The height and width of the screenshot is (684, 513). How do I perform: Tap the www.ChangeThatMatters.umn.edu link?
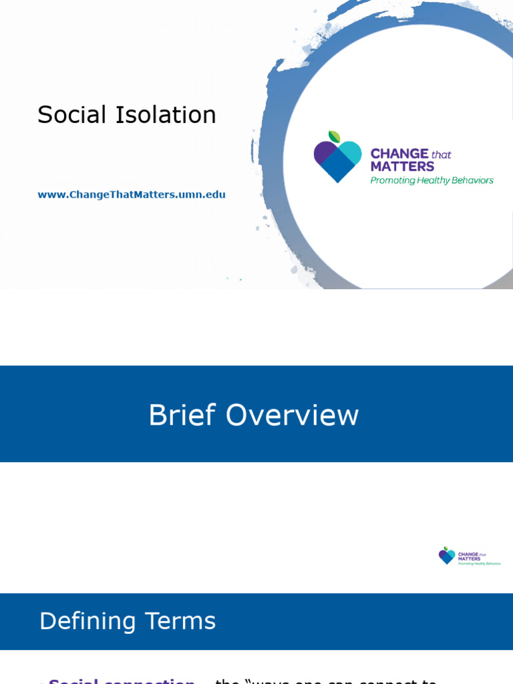tap(132, 195)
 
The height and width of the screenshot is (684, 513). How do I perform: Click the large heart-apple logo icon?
tap(337, 158)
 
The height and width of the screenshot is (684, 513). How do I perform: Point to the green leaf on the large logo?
tap(335, 136)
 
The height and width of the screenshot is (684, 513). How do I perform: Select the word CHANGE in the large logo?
tap(399, 154)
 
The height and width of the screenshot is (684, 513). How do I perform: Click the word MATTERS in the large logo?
tap(402, 167)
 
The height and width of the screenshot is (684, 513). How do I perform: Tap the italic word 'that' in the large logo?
tap(442, 155)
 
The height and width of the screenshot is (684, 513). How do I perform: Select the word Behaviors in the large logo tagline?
tap(471, 180)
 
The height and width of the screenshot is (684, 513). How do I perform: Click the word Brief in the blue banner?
tap(183, 415)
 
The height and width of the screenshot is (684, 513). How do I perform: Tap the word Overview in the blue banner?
tap(292, 415)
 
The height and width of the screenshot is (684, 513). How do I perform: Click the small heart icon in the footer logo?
tap(447, 555)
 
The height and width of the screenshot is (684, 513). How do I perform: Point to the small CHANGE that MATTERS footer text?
tap(470, 554)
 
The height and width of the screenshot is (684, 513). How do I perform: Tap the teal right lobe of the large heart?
tap(350, 153)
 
